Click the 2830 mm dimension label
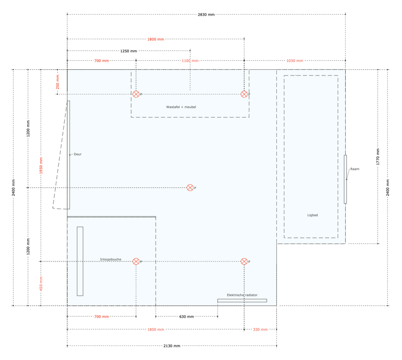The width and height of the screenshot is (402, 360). tap(206, 15)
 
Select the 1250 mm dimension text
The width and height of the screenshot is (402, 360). tap(129, 51)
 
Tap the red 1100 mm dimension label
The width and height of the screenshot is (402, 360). tap(190, 61)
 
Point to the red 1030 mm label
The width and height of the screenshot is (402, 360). tap(294, 61)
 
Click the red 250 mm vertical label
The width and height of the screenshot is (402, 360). tap(58, 81)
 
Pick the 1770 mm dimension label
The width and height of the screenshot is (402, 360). tap(378, 157)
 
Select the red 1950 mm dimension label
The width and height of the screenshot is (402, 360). tap(41, 166)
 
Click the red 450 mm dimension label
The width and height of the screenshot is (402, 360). tap(41, 283)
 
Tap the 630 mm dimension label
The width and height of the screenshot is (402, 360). tap(186, 317)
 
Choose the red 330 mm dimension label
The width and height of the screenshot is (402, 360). tap(260, 330)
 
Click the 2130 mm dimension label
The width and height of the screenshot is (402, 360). tap(172, 346)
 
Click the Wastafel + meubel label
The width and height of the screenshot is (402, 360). tap(181, 107)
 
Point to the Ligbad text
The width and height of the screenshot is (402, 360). tap(313, 215)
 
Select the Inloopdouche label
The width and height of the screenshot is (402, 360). tap(111, 259)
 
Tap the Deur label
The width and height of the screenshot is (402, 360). tap(77, 154)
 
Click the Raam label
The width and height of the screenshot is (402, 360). tap(355, 169)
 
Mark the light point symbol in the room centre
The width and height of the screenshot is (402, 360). tap(190, 188)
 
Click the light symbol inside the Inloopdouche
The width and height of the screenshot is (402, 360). tap(136, 261)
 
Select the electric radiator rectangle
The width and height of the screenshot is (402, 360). tap(242, 301)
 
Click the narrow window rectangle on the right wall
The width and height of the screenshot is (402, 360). tap(345, 179)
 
